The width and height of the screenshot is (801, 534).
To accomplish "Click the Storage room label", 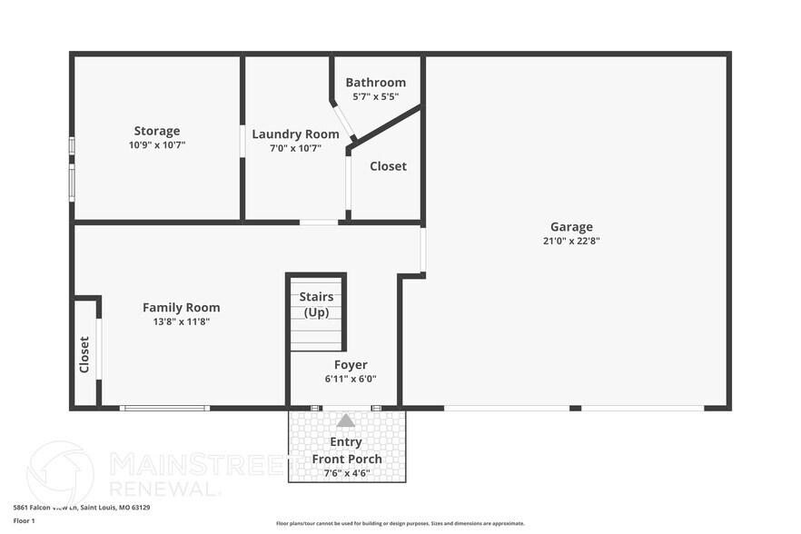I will coord(157,131).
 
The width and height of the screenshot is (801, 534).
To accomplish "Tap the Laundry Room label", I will coord(295,134).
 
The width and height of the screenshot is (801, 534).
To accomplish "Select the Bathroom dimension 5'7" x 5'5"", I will coord(375,95).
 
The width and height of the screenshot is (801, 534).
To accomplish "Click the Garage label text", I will coord(571,227).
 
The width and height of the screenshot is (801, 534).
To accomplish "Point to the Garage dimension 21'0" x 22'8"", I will coord(571,241).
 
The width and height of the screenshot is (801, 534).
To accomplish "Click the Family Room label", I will coord(181,308).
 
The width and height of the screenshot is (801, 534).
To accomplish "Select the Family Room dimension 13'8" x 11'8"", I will coord(181,321).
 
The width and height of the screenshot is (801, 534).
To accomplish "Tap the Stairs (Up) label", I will coord(316,305).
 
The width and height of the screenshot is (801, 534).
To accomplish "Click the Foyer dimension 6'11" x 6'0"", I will coord(350,379).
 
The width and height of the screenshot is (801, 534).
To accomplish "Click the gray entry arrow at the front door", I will coord(346,420).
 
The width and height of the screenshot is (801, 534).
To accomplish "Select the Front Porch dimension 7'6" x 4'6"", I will coord(347,472).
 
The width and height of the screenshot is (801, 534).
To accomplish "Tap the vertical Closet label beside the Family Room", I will coord(84,355).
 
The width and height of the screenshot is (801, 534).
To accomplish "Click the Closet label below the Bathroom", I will coord(388,166).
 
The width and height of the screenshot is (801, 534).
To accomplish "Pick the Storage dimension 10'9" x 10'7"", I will coord(157,144).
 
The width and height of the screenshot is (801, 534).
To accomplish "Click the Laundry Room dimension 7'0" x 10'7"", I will coord(295,148).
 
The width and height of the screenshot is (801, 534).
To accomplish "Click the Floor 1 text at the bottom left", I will coord(24,520).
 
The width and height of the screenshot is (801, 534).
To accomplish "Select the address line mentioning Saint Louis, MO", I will coord(81,508).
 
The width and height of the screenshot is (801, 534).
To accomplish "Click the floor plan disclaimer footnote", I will coord(400,523).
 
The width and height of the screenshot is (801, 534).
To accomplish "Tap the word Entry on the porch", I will coord(346,442).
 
